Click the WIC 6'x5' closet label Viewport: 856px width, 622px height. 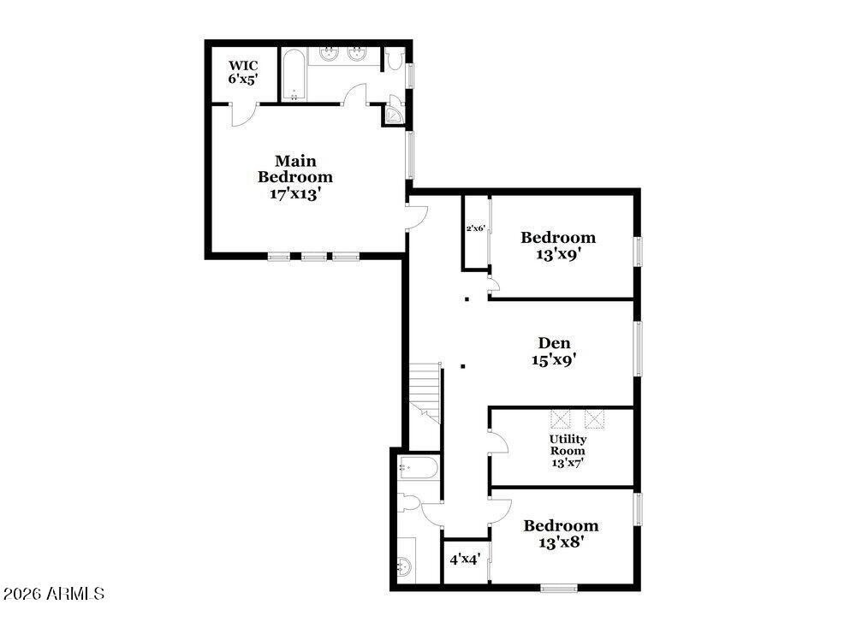pos(243,71)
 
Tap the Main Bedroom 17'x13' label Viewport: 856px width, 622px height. pos(295,177)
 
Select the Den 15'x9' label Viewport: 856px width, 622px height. pos(554,352)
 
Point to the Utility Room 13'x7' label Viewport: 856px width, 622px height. pos(568,451)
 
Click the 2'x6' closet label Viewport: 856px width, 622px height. pos(475,228)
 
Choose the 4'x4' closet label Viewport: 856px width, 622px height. pos(465,560)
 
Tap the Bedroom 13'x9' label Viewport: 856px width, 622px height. pos(558,246)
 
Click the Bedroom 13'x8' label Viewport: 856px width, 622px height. pos(561,533)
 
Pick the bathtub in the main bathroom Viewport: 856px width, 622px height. pos(293,75)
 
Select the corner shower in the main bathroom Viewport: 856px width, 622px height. pos(395,114)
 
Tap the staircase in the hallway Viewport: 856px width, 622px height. pos(425,392)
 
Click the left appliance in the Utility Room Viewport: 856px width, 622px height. pos(561,418)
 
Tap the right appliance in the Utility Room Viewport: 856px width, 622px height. pos(594,418)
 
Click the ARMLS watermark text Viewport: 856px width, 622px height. pos(54,593)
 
